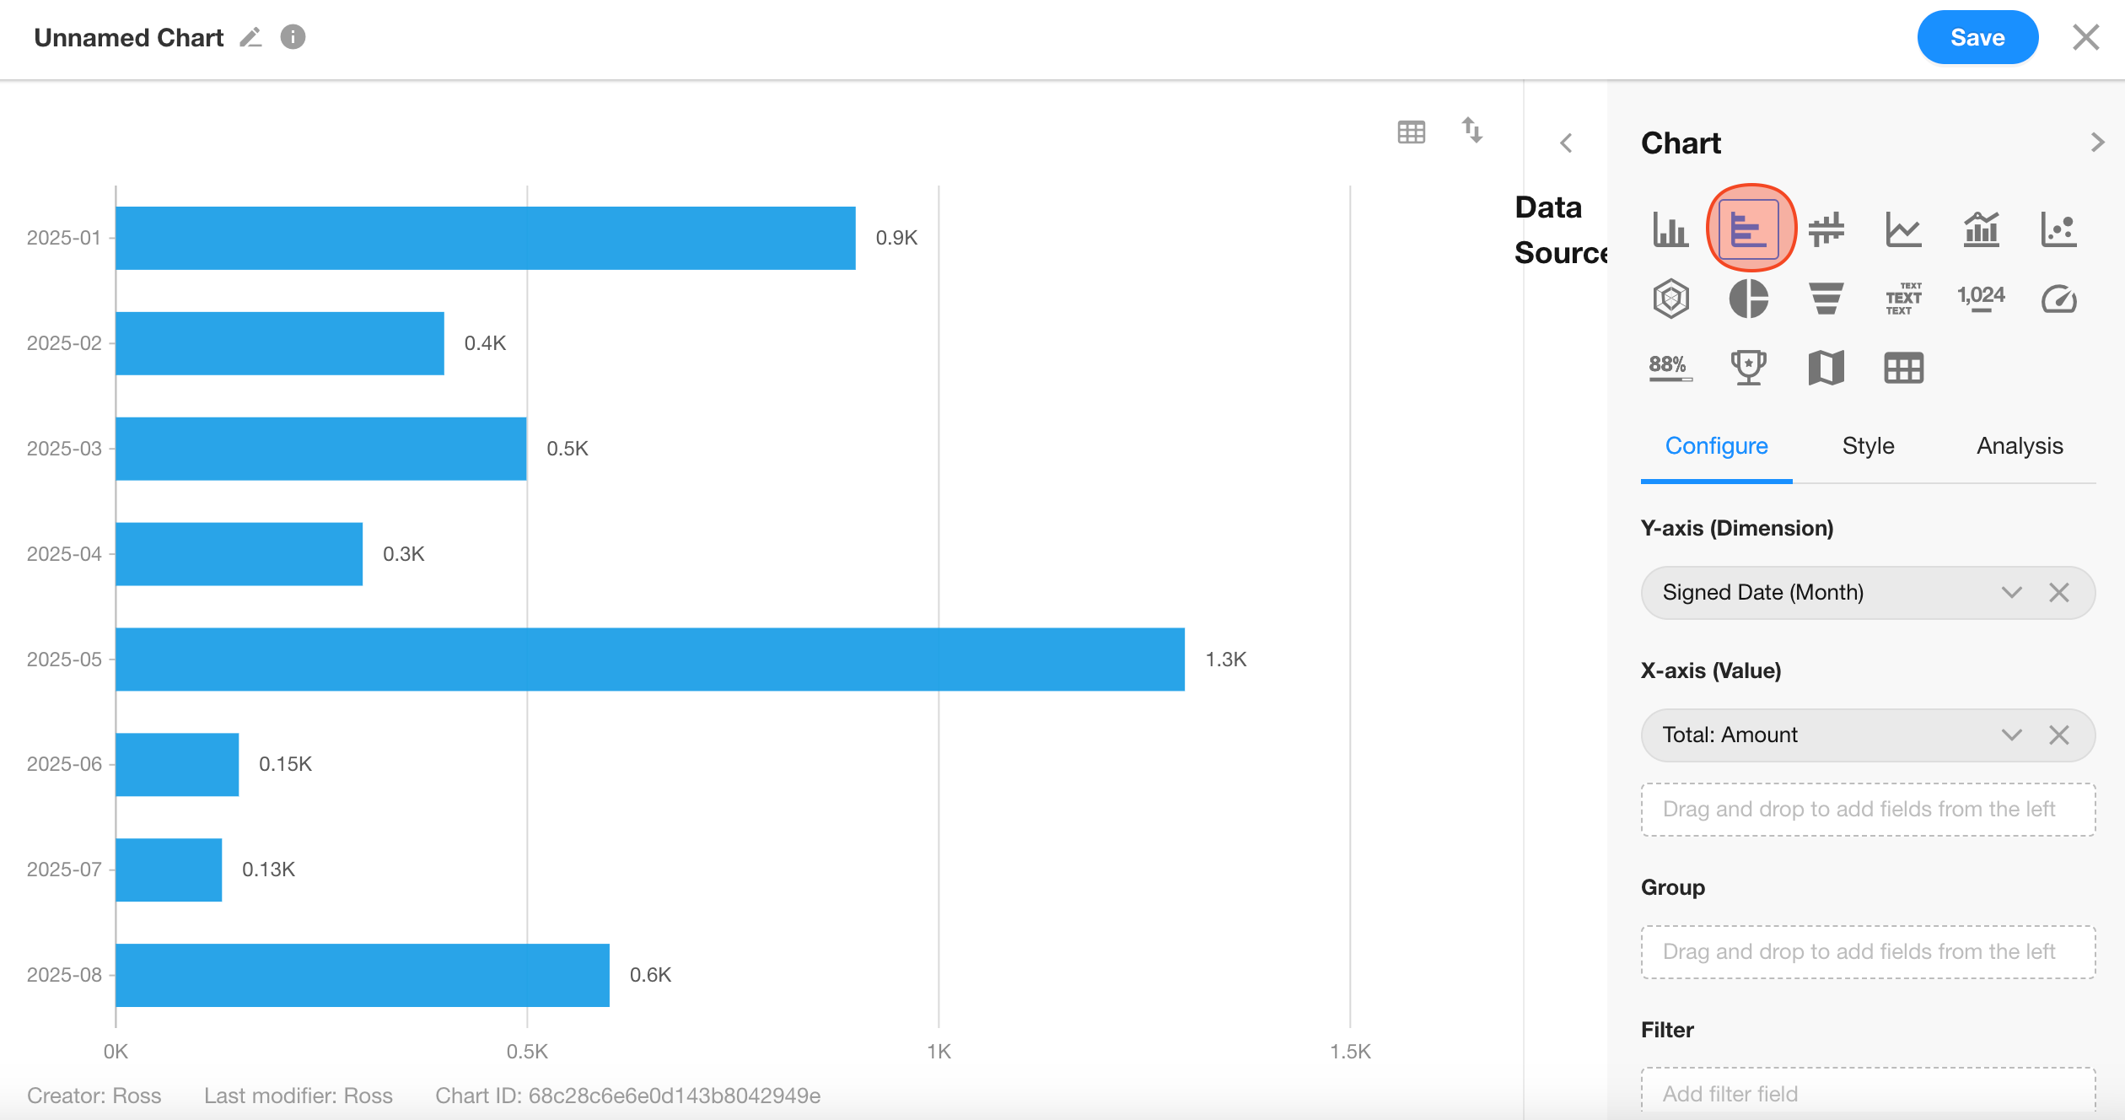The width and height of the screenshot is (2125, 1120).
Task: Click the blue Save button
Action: point(1977,37)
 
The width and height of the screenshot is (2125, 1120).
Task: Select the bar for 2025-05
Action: point(649,659)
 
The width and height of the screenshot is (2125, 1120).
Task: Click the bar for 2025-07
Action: point(169,870)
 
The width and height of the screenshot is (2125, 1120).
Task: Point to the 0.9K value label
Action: point(896,238)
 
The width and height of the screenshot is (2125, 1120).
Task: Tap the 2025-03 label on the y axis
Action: point(64,449)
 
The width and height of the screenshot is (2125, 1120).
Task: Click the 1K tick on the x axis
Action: point(938,1052)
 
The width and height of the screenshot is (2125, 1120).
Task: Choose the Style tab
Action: point(1868,445)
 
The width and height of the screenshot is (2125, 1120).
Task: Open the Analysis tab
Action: point(2020,445)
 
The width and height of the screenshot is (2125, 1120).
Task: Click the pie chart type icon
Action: point(1748,299)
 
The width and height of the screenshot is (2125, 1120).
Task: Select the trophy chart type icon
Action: point(1748,368)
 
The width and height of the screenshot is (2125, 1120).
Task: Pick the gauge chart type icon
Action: point(2058,299)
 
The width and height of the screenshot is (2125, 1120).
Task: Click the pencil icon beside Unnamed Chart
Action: point(250,37)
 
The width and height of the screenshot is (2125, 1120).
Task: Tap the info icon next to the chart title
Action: point(293,37)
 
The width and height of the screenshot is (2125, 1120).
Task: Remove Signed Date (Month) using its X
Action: point(2058,593)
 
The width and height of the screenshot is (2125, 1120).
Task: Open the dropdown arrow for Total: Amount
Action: point(2011,735)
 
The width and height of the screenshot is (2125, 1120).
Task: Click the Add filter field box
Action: point(1867,1093)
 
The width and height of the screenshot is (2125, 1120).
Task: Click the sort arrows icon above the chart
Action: point(1471,131)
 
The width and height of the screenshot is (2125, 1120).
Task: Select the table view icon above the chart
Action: point(1411,132)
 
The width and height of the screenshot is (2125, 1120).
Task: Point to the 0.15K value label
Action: point(285,764)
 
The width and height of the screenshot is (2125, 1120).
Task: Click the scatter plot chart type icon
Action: point(2058,229)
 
